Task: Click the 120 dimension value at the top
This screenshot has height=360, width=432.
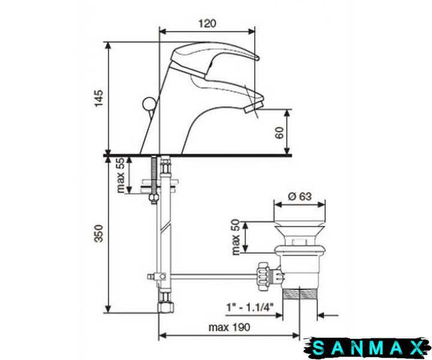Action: (207, 23)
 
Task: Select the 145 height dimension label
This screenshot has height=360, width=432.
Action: (98, 98)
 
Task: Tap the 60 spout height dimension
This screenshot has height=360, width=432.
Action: (279, 133)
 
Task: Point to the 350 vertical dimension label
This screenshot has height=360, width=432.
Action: (98, 233)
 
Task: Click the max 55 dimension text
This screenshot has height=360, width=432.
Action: (121, 175)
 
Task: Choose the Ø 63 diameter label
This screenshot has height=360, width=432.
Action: (300, 196)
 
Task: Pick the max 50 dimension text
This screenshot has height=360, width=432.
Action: (236, 237)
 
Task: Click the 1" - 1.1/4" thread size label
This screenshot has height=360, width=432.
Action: (250, 307)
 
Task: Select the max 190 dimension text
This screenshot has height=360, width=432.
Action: (229, 327)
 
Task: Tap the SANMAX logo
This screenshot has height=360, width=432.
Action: (368, 347)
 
